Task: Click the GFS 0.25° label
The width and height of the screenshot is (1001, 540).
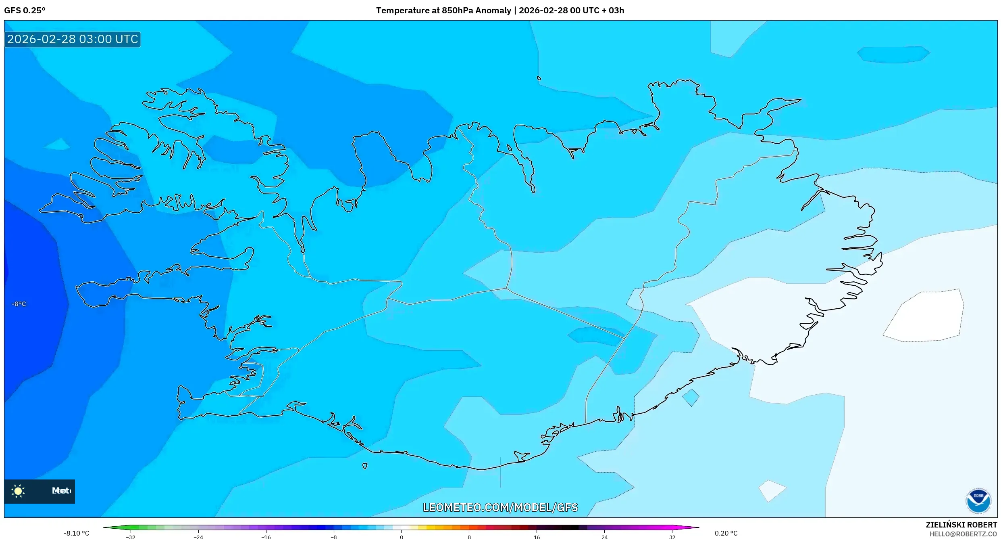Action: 25,10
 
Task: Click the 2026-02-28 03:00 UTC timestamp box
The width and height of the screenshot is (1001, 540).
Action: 73,39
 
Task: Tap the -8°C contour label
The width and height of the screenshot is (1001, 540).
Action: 19,304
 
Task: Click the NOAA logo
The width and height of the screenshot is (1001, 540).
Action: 978,501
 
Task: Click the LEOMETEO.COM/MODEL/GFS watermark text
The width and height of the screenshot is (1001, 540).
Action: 500,507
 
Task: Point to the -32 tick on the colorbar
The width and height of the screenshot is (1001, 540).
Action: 131,537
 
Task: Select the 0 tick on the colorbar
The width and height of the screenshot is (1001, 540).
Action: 401,537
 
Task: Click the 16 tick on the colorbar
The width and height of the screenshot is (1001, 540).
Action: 537,537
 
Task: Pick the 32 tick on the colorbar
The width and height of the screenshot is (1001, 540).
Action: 672,537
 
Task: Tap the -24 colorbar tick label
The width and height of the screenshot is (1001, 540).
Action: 198,537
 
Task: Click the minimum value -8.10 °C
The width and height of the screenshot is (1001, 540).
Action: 76,533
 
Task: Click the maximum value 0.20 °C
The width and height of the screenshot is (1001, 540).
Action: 726,533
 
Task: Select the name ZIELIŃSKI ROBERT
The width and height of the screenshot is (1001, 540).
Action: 961,525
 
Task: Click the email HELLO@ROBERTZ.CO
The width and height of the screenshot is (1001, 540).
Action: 963,534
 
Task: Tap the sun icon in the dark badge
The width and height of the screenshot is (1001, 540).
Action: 18,491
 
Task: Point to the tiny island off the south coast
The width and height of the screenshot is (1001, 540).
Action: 364,466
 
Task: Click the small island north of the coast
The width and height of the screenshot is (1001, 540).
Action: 539,78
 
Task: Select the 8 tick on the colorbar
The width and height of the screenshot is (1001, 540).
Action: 469,537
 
